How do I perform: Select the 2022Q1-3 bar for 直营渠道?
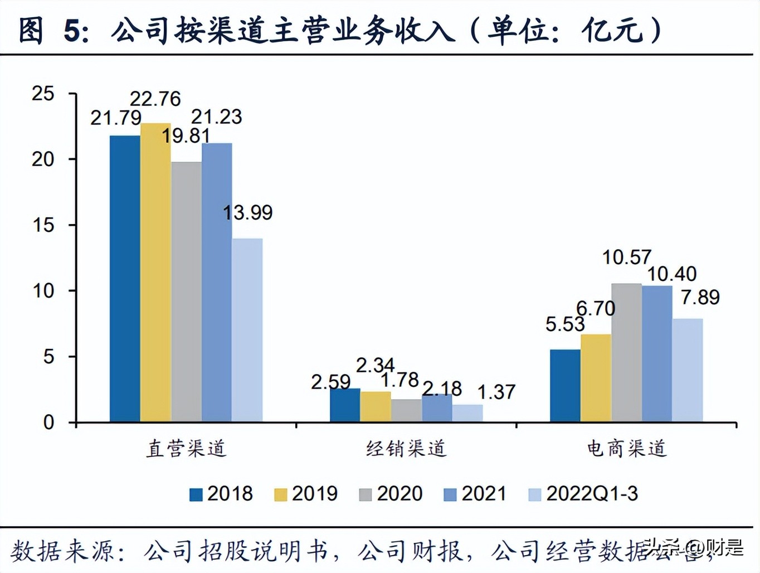247,330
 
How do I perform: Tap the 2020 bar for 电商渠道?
626,352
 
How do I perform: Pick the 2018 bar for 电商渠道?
565,385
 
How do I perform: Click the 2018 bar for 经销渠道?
345,405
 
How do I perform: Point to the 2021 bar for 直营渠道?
217,282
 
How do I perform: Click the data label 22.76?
155,99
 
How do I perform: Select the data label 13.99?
247,212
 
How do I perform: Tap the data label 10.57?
626,257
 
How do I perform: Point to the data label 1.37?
496,392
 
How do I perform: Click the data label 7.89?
700,297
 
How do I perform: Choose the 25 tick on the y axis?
43,94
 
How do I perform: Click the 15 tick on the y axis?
43,225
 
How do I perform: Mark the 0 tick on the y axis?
48,423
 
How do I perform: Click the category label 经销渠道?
406,448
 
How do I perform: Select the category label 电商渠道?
626,448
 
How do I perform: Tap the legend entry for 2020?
391,494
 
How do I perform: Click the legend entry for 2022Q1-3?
583,494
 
